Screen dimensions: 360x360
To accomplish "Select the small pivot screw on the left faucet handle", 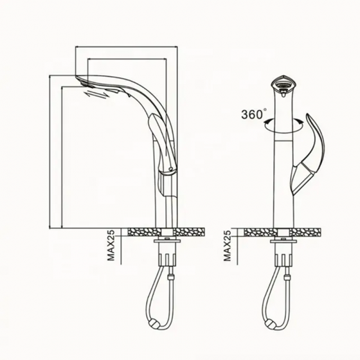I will (170, 168).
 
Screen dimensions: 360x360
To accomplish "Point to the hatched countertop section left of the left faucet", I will (143, 231).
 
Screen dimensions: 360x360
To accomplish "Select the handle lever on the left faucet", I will (158, 138).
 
